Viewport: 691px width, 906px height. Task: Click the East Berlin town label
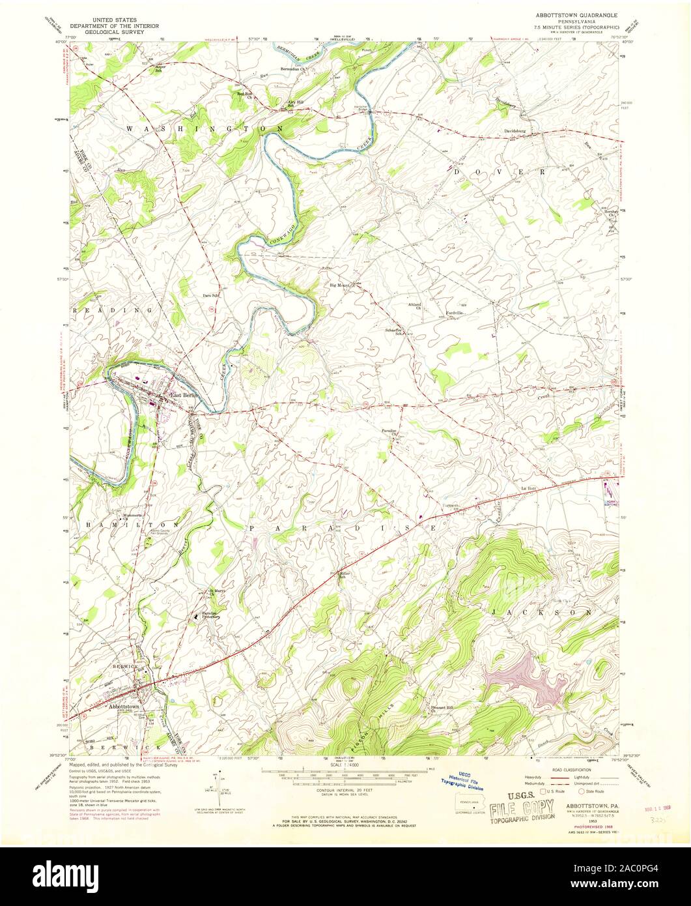coord(184,395)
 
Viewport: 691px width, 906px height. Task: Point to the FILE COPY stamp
coord(530,806)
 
